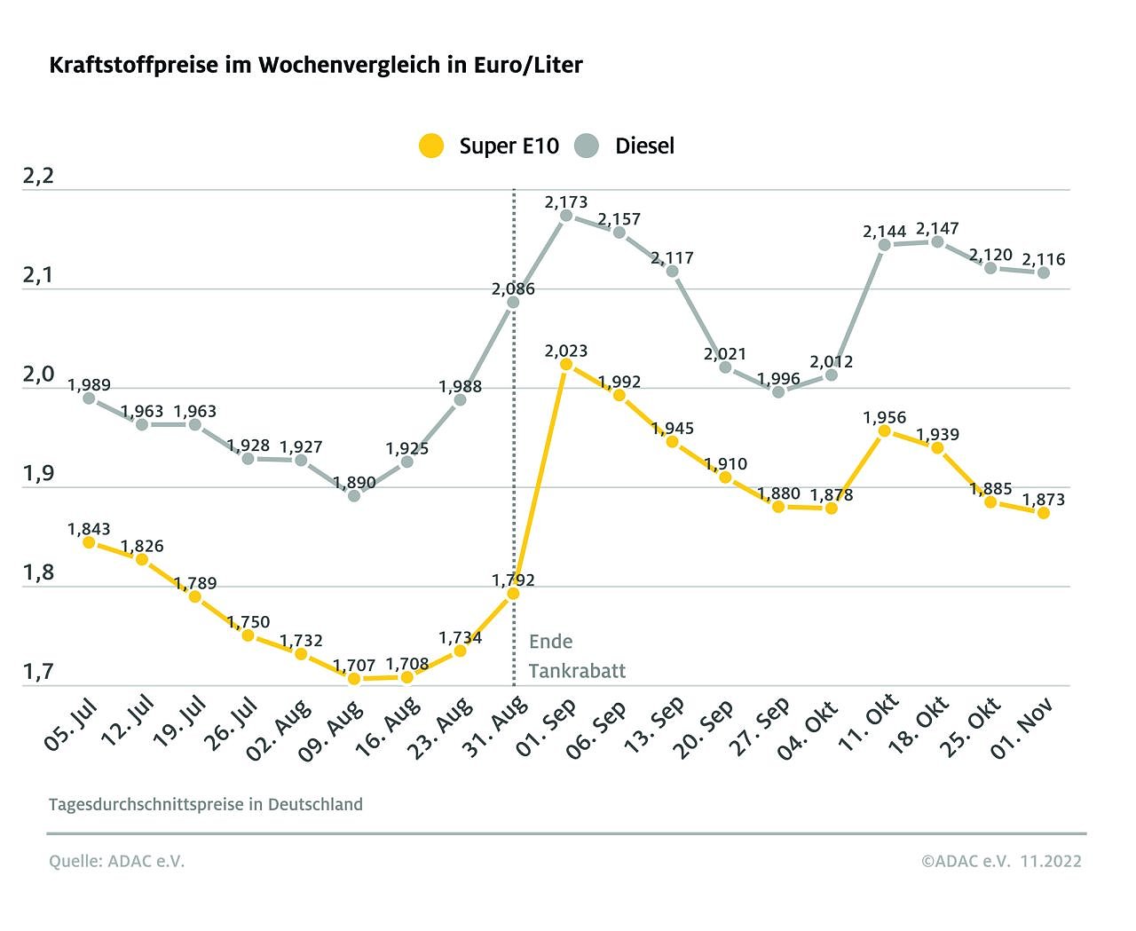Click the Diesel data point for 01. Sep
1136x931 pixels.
(x=566, y=215)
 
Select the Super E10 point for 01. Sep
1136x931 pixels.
(x=566, y=364)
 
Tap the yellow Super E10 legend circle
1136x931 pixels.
(x=431, y=146)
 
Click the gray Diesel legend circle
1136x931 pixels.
(x=587, y=146)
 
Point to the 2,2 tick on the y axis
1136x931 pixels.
(x=38, y=176)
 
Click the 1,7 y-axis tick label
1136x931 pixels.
(x=38, y=672)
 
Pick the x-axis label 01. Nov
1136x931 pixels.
(x=1022, y=728)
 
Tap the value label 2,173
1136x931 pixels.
(x=566, y=202)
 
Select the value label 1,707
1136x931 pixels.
(x=354, y=666)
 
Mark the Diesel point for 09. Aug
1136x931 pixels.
(x=354, y=495)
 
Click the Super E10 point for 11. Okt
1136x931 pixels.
(x=884, y=431)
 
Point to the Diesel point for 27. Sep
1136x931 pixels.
(x=778, y=391)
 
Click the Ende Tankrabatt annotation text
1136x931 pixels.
(x=576, y=656)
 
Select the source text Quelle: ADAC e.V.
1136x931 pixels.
(x=116, y=861)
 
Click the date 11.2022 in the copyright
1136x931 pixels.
(x=1051, y=861)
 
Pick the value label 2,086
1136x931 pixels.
(x=513, y=288)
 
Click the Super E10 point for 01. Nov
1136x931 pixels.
(x=1044, y=513)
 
